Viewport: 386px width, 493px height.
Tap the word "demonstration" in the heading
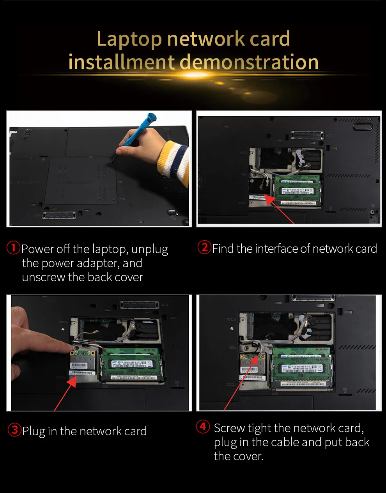click(249, 62)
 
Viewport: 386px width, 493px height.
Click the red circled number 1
click(13, 248)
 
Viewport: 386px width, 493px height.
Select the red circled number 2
click(204, 247)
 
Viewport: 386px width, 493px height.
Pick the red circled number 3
click(14, 430)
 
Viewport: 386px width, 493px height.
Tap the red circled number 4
click(203, 427)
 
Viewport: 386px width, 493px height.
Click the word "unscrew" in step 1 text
click(44, 277)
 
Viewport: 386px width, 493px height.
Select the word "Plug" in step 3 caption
click(34, 431)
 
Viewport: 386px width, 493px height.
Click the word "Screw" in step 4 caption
click(229, 428)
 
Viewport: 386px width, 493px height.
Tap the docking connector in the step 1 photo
click(59, 215)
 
